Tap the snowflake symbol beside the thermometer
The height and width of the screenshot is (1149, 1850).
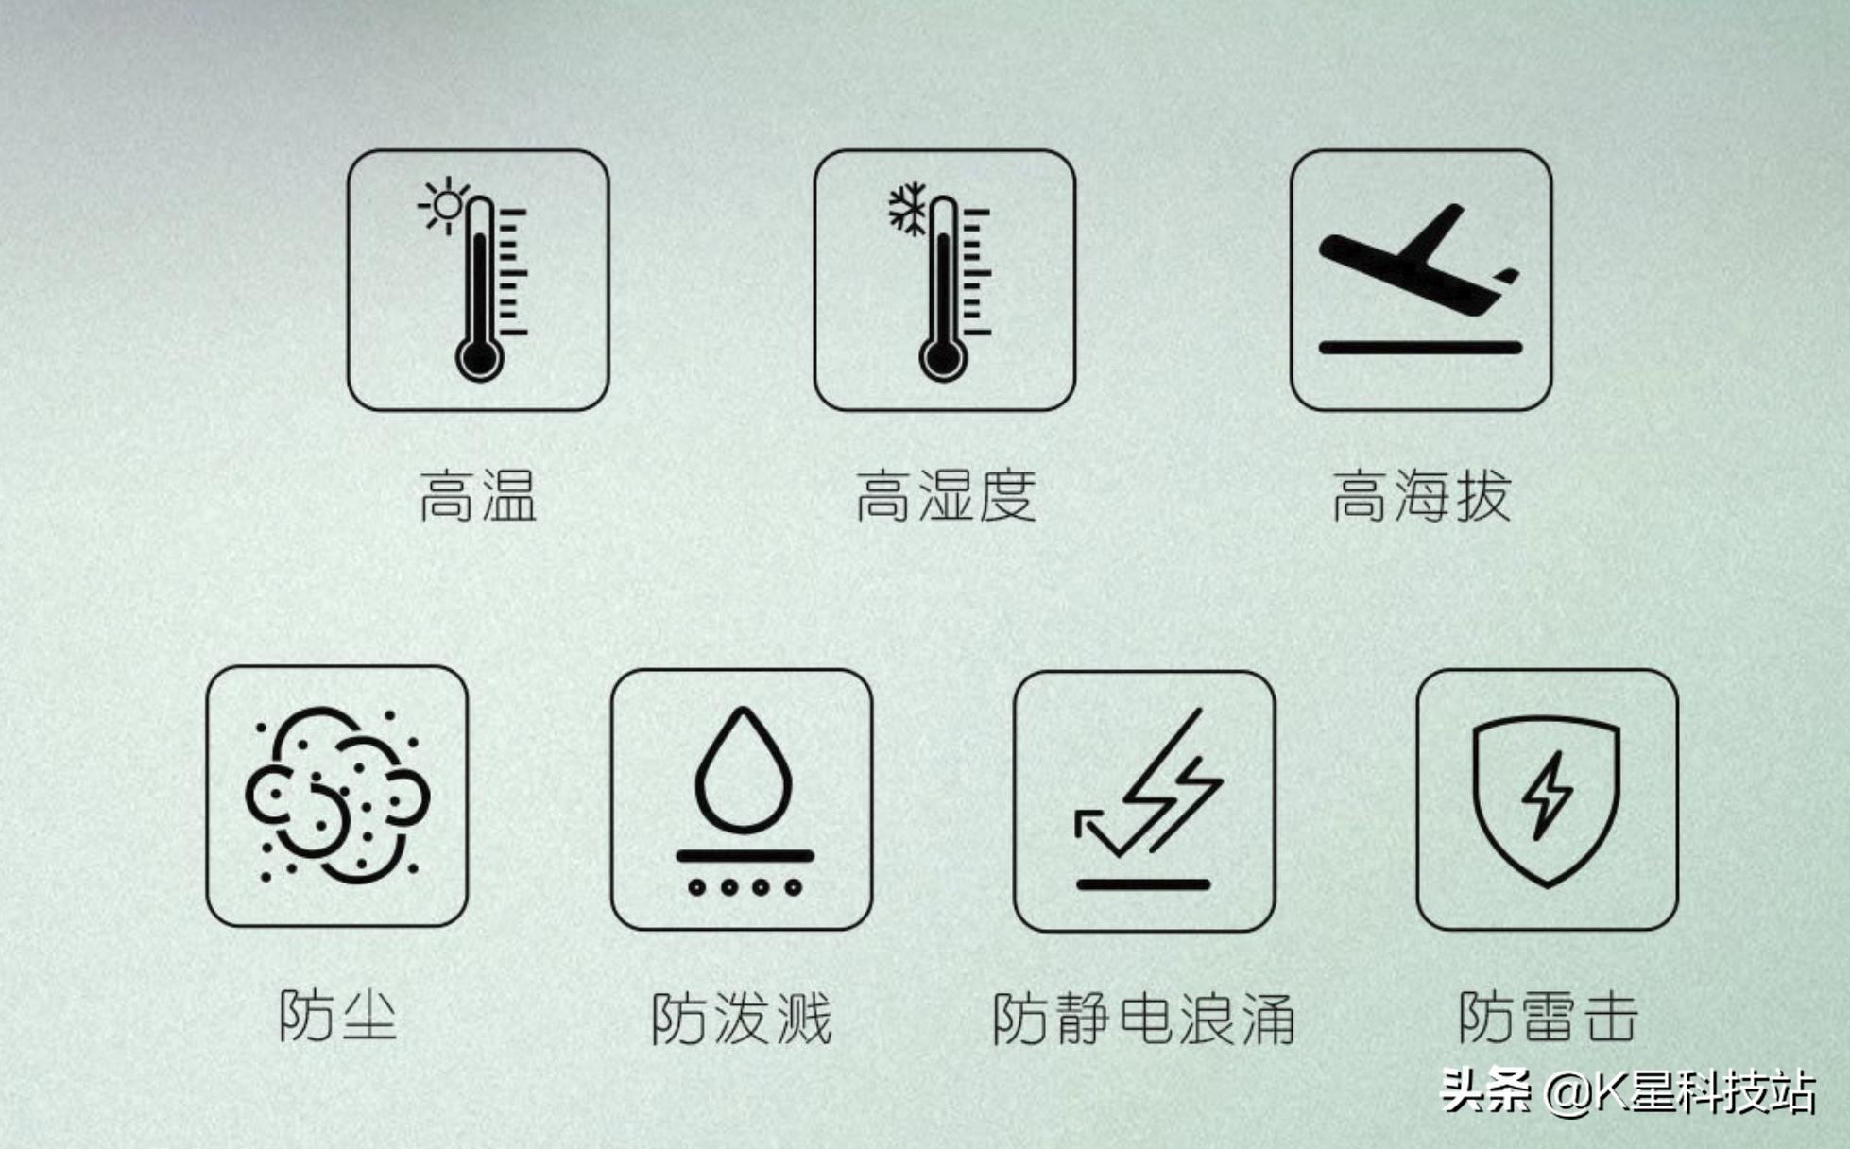click(908, 209)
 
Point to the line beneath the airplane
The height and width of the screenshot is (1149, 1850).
click(1420, 348)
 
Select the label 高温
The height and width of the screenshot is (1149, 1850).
click(477, 496)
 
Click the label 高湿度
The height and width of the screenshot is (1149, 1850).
click(945, 496)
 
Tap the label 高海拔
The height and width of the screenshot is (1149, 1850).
click(1420, 496)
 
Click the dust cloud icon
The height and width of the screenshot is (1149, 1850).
click(337, 795)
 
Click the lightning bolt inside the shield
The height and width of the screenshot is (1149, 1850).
click(1547, 795)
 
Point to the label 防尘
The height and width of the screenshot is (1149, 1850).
click(337, 1017)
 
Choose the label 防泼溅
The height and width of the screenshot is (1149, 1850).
click(742, 1019)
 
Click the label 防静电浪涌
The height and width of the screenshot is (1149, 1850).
click(1143, 1019)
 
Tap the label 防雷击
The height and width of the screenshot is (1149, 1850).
click(1548, 1017)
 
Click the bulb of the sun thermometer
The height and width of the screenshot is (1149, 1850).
click(479, 359)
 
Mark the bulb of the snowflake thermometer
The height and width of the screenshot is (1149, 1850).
click(942, 359)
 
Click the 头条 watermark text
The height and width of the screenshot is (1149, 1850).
click(1486, 1091)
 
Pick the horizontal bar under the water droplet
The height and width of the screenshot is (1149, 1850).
click(745, 856)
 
